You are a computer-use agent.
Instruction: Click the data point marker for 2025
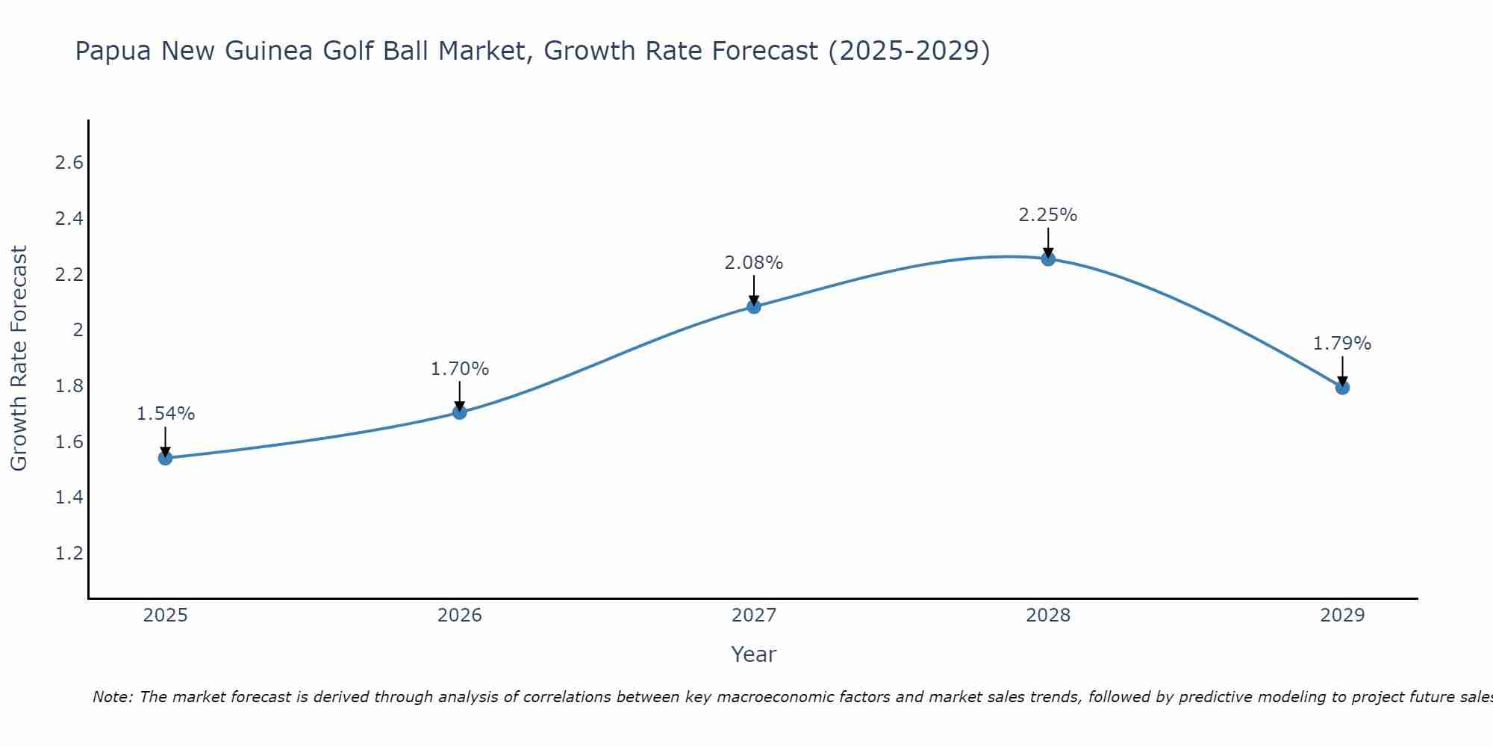pos(165,458)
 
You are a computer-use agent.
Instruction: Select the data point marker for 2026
pos(460,412)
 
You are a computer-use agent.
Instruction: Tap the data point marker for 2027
pos(754,306)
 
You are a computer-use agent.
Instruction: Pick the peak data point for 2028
pos(1048,259)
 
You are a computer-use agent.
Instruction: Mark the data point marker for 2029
pos(1342,388)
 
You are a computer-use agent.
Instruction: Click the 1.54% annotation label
pos(165,414)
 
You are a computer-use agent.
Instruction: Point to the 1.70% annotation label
pos(460,369)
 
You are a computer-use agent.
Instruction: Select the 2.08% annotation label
pos(754,263)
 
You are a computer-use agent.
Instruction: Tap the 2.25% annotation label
pos(1048,215)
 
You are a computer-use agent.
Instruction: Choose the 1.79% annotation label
pos(1342,344)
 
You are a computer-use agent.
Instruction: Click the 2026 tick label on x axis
pos(460,616)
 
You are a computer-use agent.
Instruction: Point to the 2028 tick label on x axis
pos(1048,616)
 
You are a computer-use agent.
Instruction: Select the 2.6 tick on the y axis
pos(69,163)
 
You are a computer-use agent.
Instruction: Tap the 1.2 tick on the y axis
pos(69,554)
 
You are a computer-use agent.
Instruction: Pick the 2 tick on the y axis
pos(77,330)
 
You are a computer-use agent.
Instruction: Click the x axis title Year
pos(754,654)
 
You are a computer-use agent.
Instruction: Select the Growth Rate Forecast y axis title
pos(19,359)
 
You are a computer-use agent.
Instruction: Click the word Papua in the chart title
pos(113,52)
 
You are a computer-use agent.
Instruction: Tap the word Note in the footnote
pos(112,697)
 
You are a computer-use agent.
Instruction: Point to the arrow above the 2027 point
pos(754,290)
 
